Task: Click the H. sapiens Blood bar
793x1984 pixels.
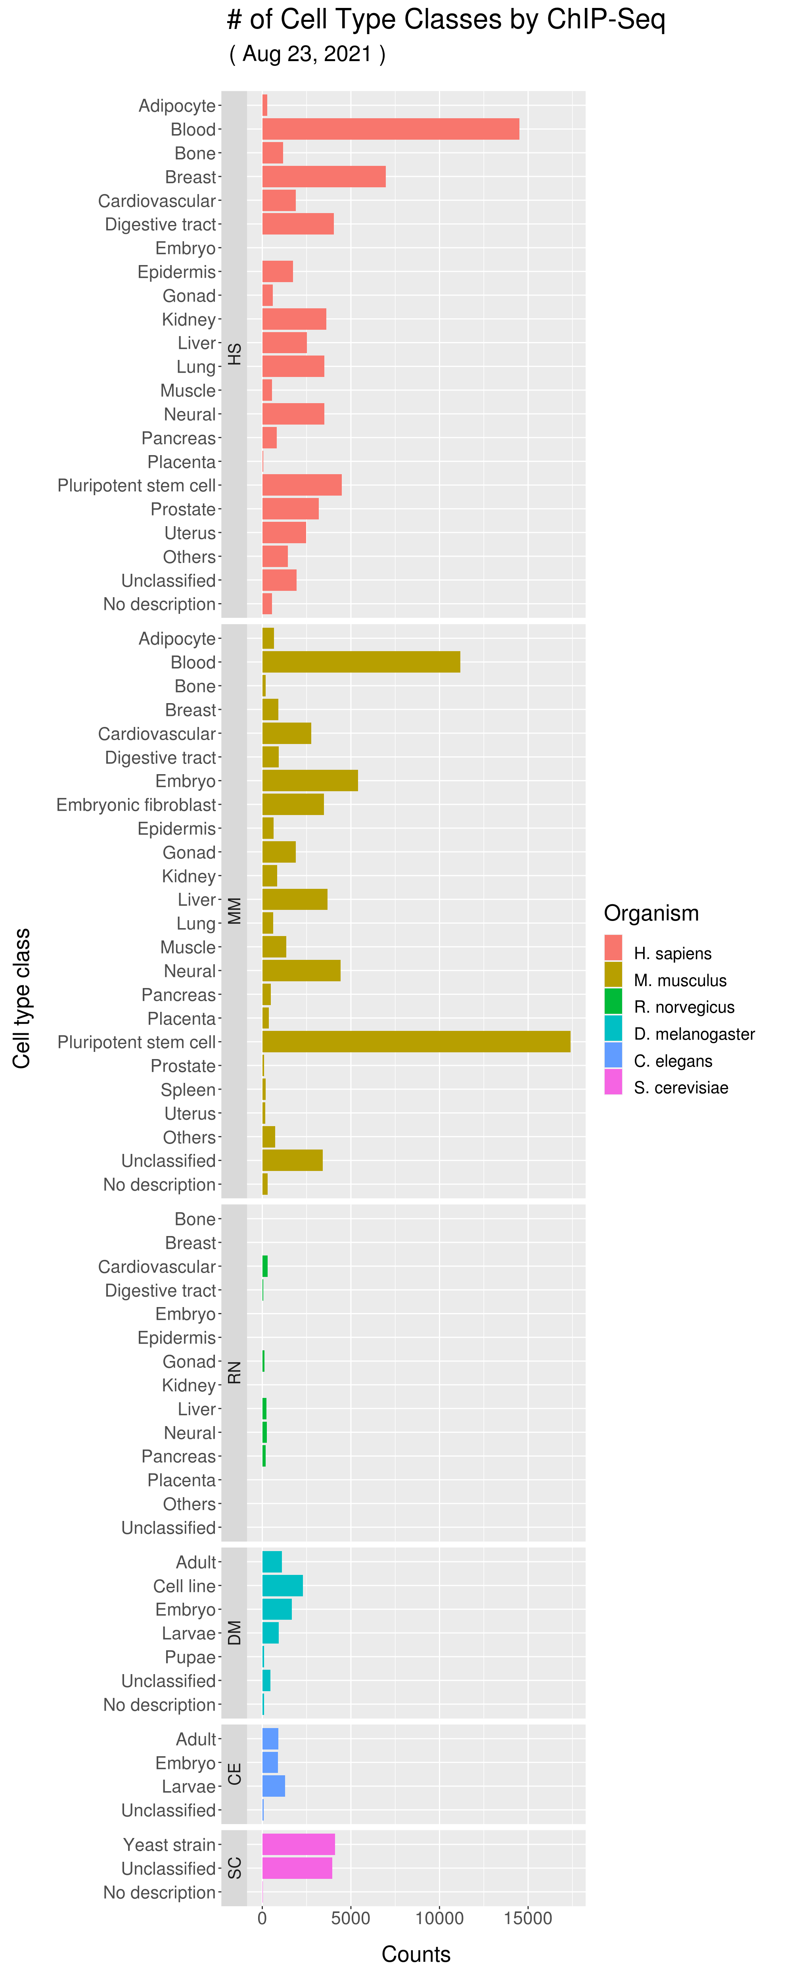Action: click(390, 129)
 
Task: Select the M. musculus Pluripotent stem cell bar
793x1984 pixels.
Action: click(416, 1041)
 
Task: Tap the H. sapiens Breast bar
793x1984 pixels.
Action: click(324, 177)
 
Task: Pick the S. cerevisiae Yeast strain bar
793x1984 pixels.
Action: click(299, 1844)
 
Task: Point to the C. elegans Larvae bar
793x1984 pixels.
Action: click(273, 1786)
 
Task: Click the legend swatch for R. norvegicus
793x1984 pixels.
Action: click(613, 1001)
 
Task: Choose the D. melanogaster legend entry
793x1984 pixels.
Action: click(694, 1034)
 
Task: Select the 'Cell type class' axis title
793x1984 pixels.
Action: click(21, 998)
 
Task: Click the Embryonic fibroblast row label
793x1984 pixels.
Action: click(136, 805)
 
